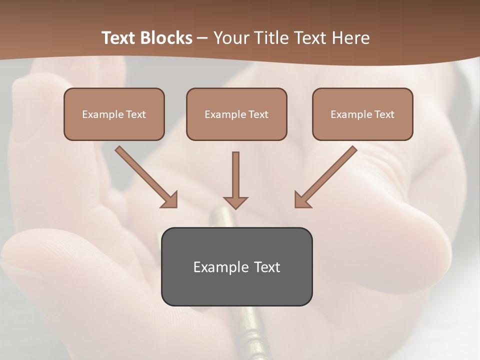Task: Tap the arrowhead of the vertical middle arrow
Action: tap(235, 202)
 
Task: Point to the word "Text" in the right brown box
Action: tap(384, 114)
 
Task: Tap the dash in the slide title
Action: tap(202, 38)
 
